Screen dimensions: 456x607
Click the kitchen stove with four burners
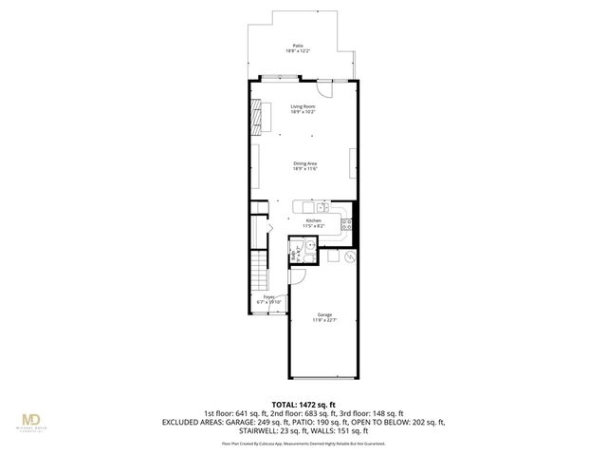pos(347,225)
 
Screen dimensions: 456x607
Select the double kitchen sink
pos(322,206)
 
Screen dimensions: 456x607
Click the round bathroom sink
pos(309,244)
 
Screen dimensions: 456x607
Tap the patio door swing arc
pos(325,90)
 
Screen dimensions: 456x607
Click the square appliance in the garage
pos(332,255)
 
